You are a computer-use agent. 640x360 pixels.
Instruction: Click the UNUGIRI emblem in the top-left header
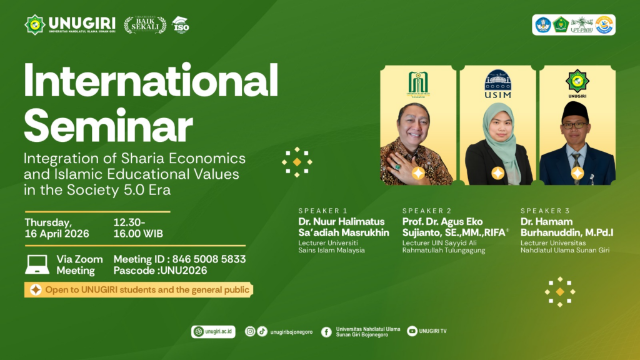[34, 24]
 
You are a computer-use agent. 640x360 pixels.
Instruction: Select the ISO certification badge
[180, 24]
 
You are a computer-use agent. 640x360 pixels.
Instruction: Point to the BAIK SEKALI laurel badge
[145, 24]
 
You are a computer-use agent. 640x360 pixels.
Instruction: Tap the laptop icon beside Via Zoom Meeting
[37, 264]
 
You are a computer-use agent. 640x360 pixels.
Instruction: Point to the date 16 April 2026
[57, 234]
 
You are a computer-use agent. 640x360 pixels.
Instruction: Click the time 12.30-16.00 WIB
[138, 228]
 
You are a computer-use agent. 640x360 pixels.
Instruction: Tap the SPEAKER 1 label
[322, 211]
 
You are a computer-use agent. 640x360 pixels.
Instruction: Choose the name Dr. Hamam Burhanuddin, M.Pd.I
[567, 227]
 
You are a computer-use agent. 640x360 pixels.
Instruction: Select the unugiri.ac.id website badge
[214, 332]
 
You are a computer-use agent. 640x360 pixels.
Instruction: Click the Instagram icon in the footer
[250, 332]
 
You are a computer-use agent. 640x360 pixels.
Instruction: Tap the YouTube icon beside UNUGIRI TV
[412, 332]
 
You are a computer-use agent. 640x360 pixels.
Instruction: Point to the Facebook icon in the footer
[326, 332]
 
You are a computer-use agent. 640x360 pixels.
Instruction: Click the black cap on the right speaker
[575, 111]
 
